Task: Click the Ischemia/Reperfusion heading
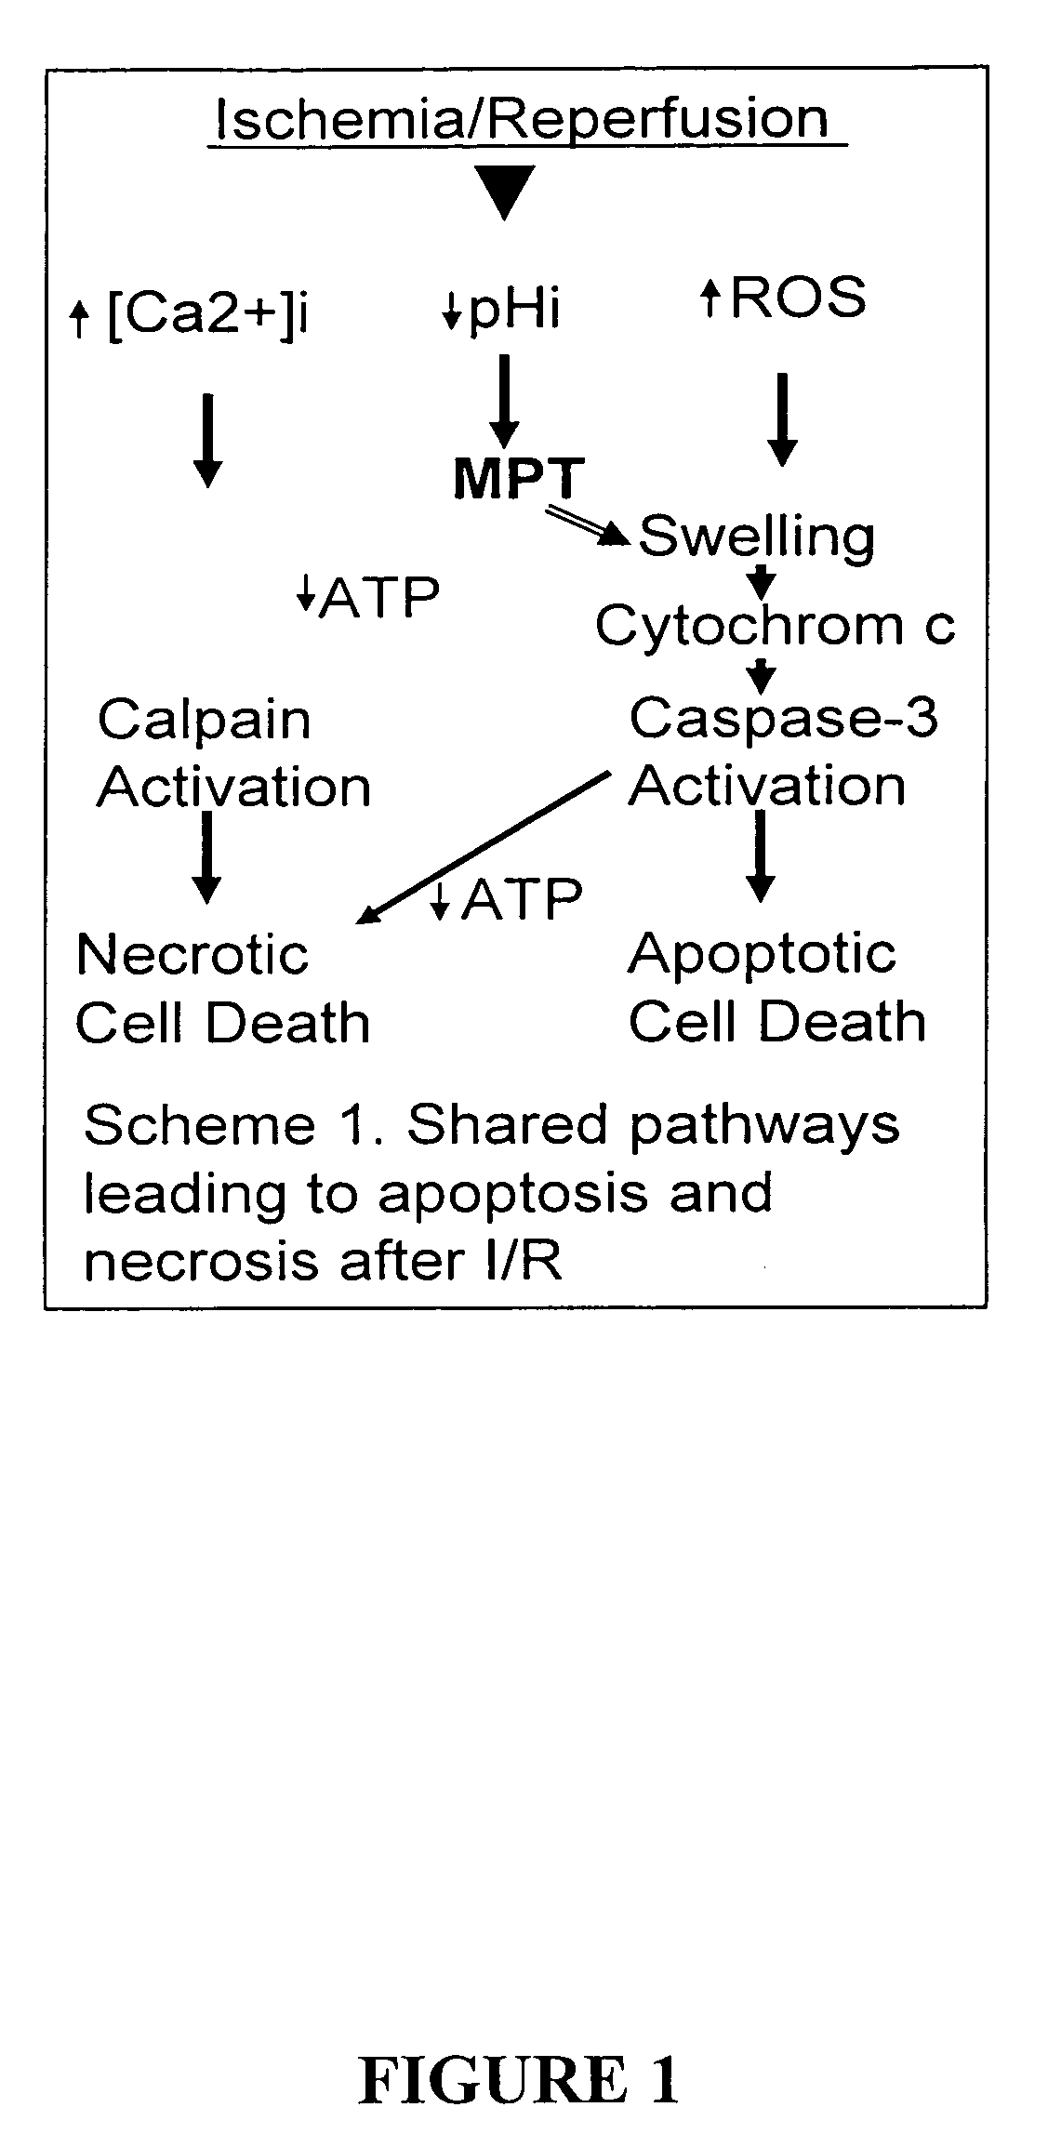click(521, 120)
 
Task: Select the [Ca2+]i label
click(207, 316)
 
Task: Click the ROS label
click(798, 298)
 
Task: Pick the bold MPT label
click(519, 480)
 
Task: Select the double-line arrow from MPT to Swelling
click(587, 524)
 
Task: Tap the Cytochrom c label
click(775, 625)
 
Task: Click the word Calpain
click(205, 720)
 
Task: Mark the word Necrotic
click(192, 955)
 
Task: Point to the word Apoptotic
click(762, 954)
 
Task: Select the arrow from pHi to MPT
click(504, 400)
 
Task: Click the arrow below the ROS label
click(782, 418)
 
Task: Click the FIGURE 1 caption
click(519, 2080)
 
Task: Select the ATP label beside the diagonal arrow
click(521, 898)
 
